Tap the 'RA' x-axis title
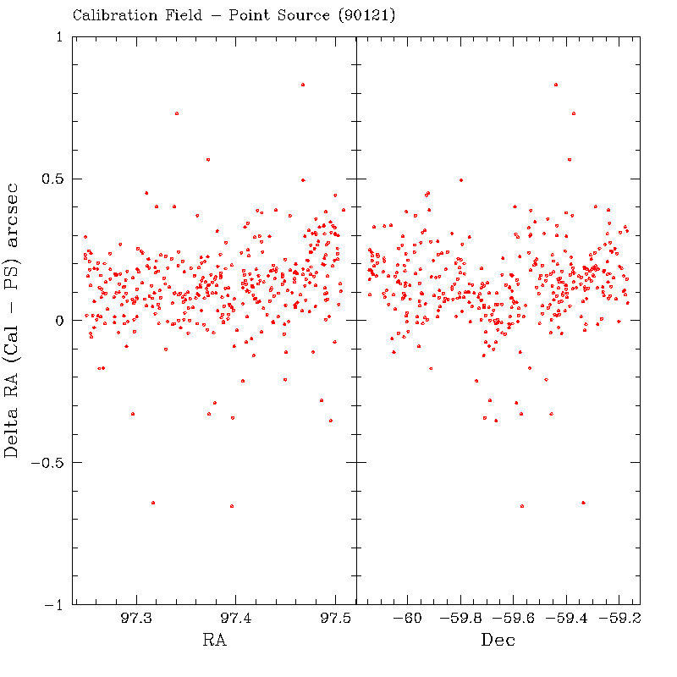tap(214, 641)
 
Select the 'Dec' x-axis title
tap(498, 641)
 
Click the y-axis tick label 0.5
tap(53, 179)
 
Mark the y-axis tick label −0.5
tap(49, 463)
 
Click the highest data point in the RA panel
tap(303, 85)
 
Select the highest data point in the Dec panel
tap(555, 85)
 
